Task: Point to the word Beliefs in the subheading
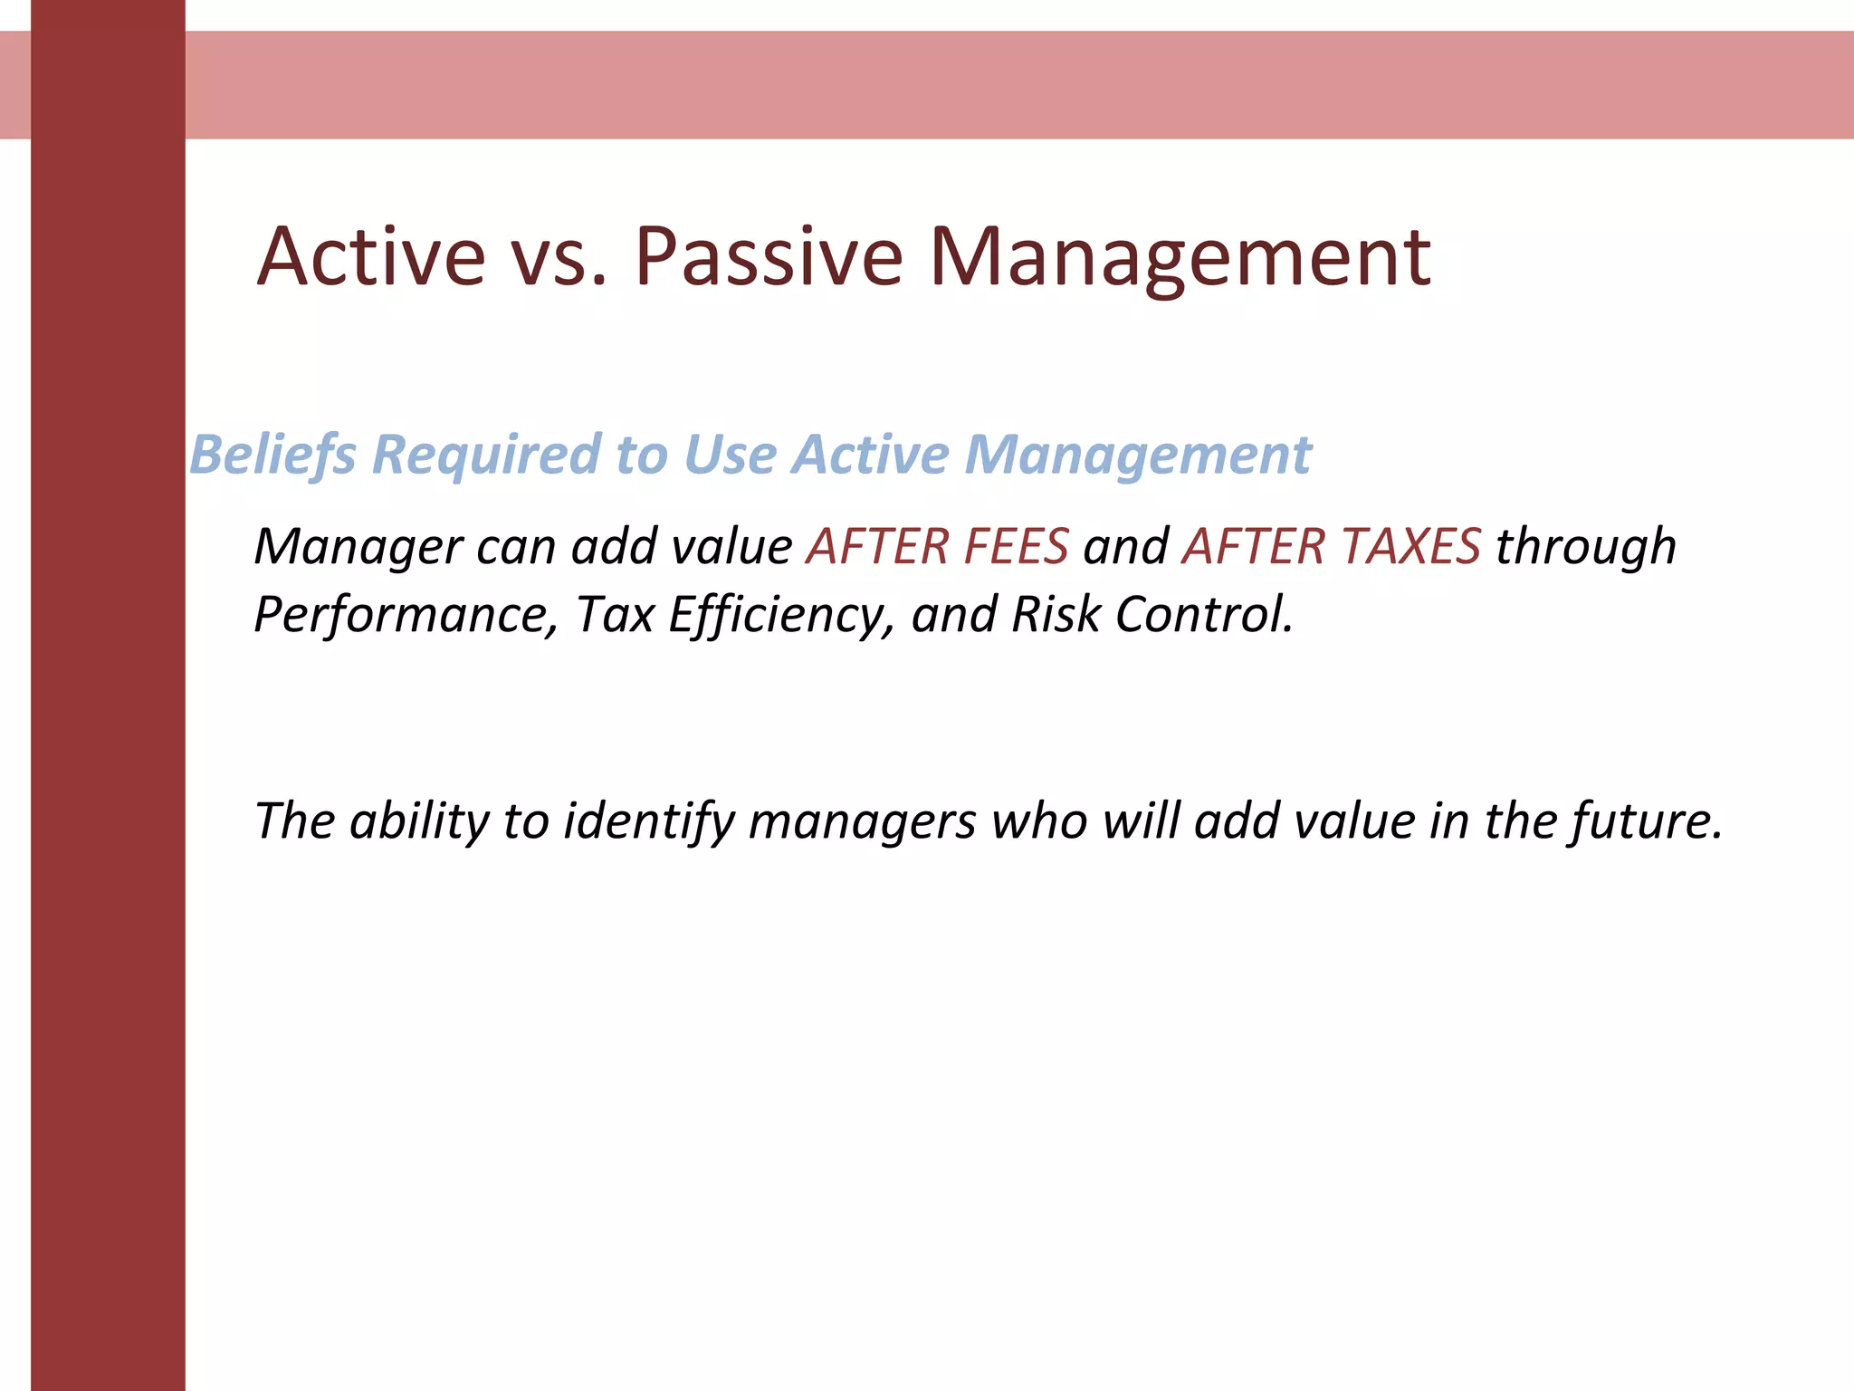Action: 272,454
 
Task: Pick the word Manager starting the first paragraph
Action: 358,546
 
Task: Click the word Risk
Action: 1056,615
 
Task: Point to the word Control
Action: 1204,615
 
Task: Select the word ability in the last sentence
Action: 419,821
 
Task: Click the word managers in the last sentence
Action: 862,821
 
